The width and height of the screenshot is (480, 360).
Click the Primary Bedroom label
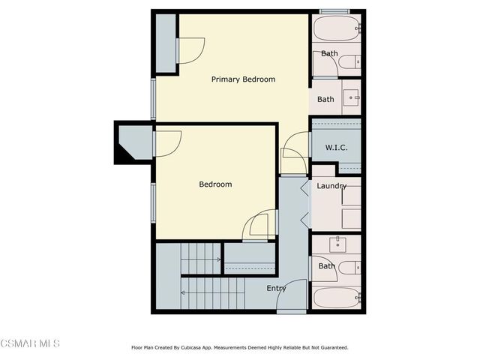pyautogui.click(x=243, y=79)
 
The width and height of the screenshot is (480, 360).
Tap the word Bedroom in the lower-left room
pyautogui.click(x=215, y=184)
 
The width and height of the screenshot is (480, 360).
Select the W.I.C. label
pyautogui.click(x=336, y=148)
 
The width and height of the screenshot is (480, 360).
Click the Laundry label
pyautogui.click(x=331, y=186)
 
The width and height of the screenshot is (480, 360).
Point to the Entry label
pyautogui.click(x=276, y=288)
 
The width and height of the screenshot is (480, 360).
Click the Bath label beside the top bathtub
pyautogui.click(x=329, y=54)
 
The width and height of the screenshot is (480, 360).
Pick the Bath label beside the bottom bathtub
pyautogui.click(x=326, y=266)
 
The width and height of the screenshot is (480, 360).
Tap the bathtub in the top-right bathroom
pyautogui.click(x=337, y=30)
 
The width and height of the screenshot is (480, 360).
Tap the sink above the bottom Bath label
pyautogui.click(x=337, y=244)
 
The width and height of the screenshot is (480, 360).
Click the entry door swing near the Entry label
pyautogui.click(x=291, y=295)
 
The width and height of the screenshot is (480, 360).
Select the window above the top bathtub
pyautogui.click(x=334, y=11)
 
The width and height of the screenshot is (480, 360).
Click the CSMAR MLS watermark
pyautogui.click(x=30, y=343)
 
